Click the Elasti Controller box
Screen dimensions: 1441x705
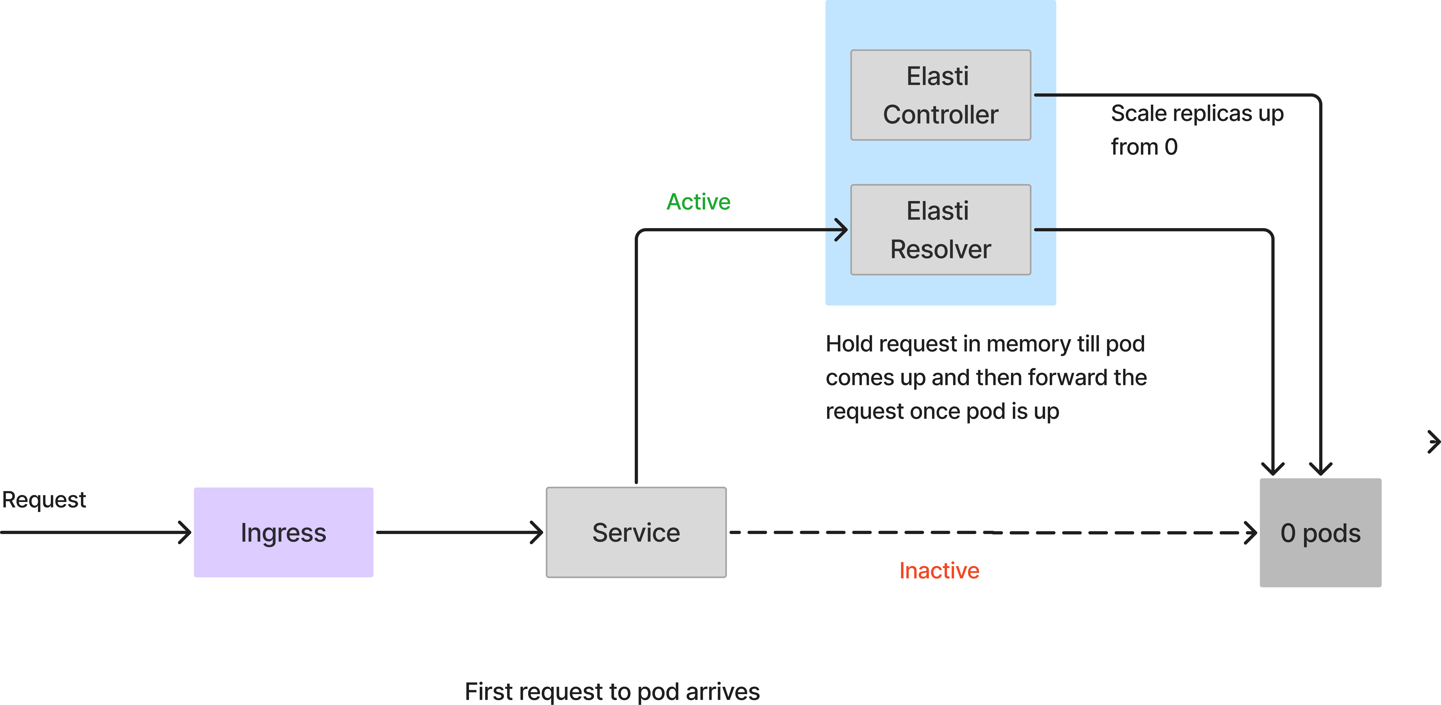pos(940,95)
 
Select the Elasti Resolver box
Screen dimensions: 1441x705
pos(940,229)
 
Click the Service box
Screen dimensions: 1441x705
pos(636,532)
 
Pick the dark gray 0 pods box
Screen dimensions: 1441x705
pos(1320,533)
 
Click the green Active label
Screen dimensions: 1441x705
pos(698,201)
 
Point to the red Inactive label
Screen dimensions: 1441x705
pos(939,570)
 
